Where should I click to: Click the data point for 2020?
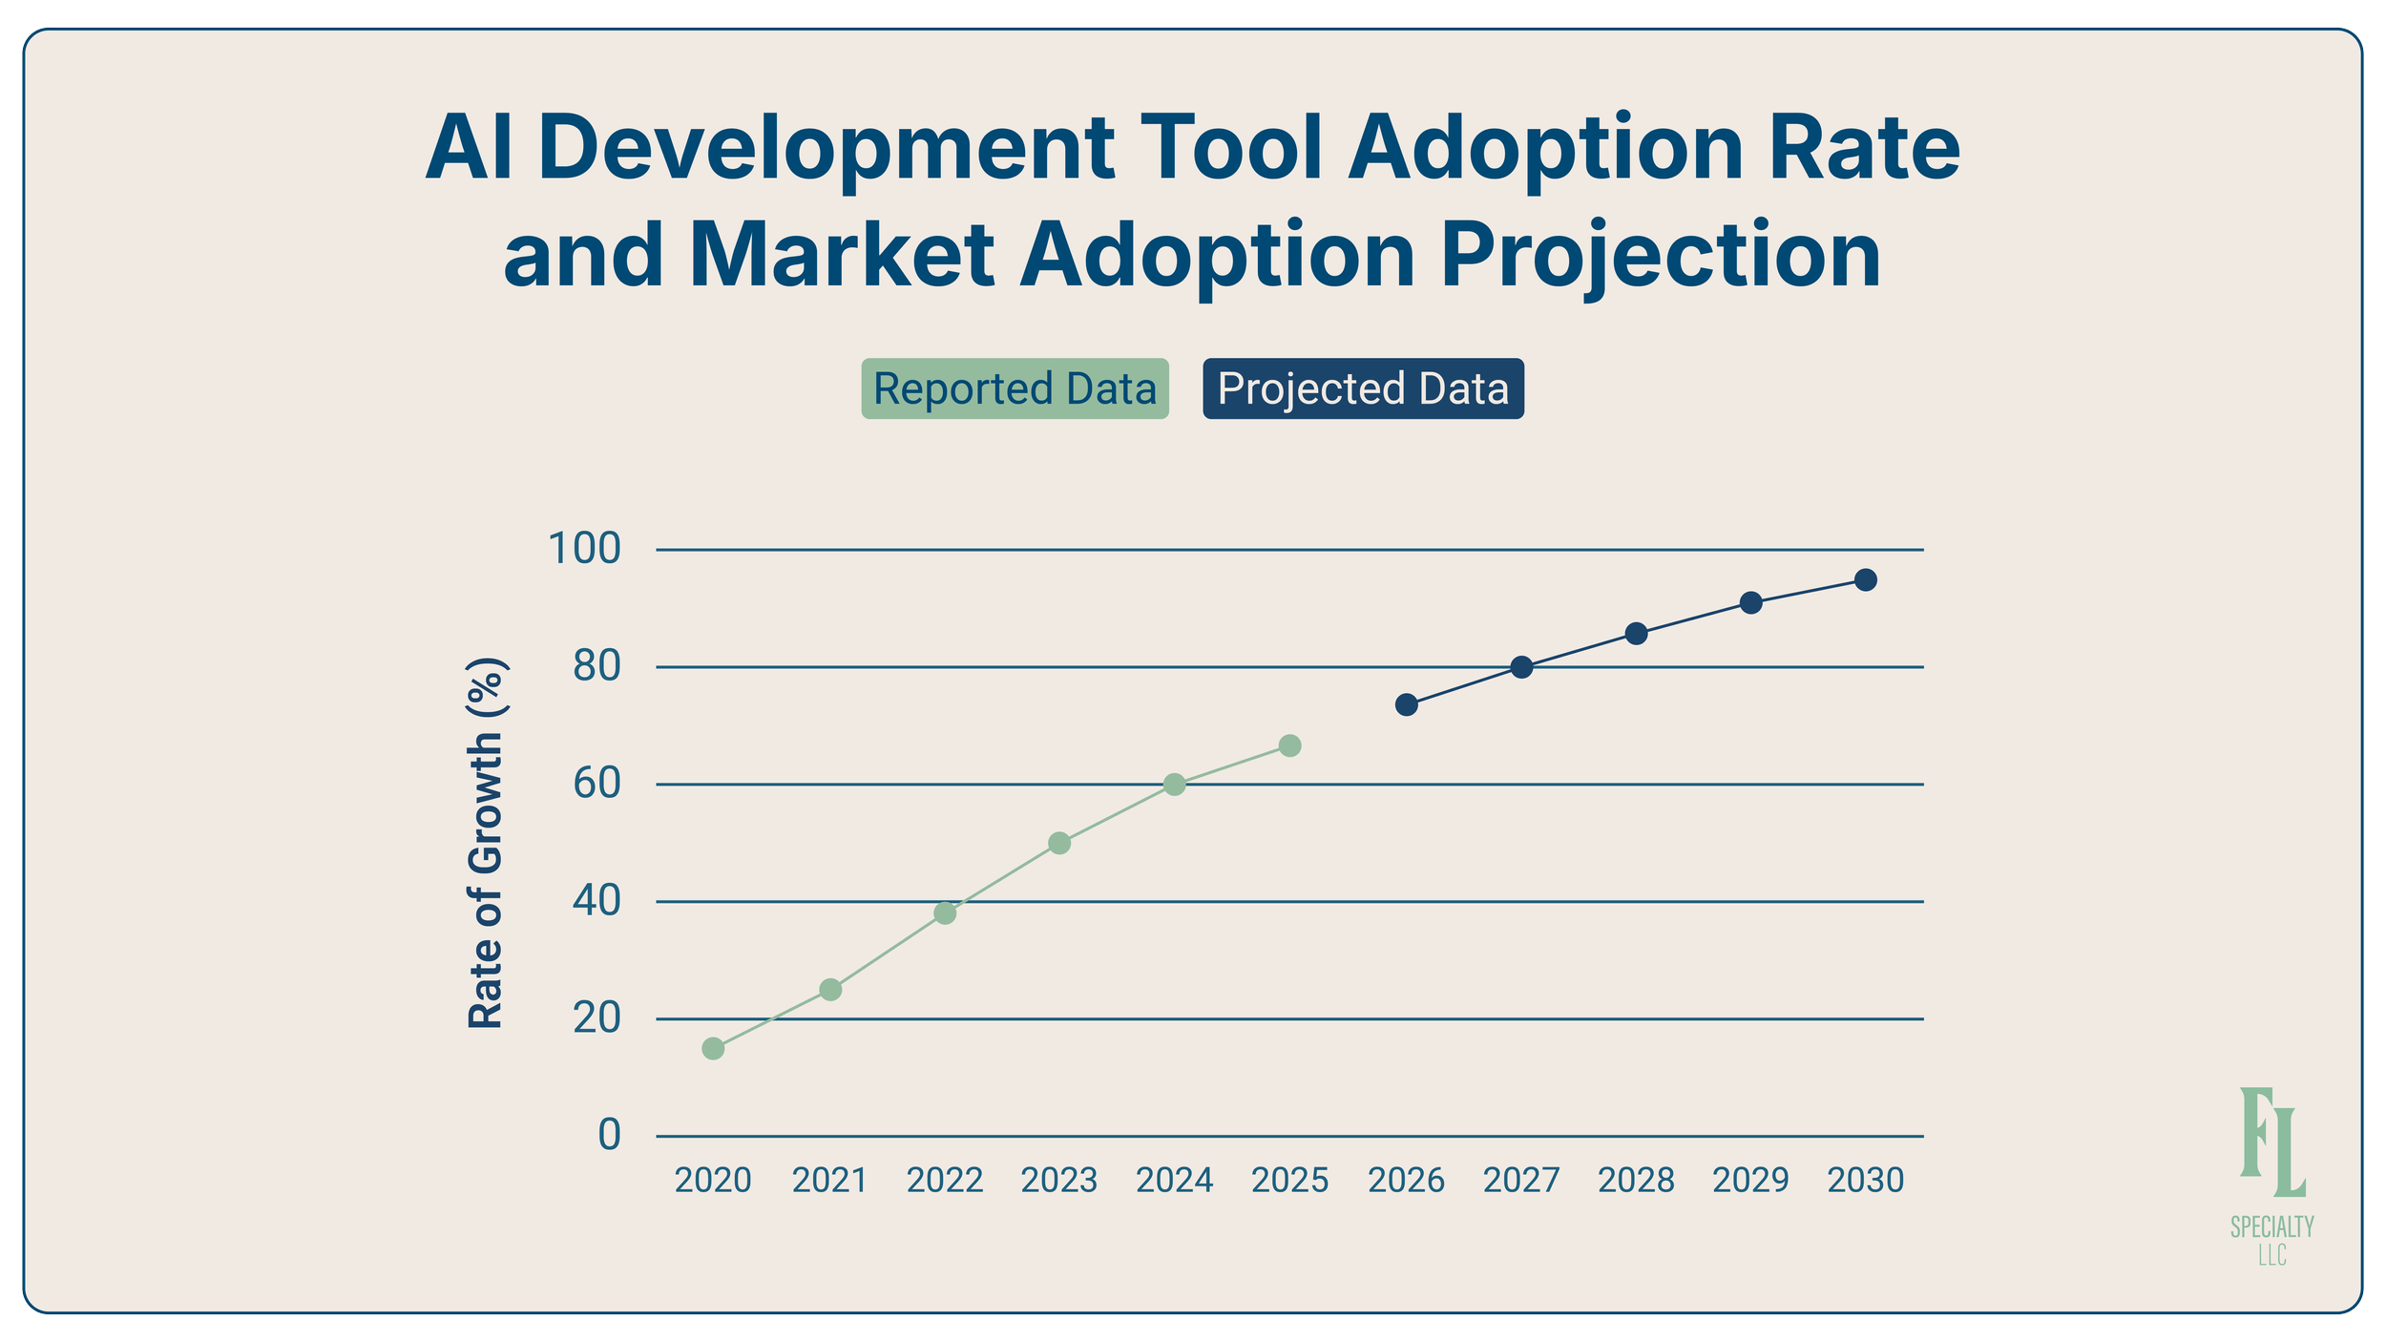point(713,1048)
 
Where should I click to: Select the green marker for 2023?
point(1059,843)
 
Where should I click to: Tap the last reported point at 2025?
point(1289,745)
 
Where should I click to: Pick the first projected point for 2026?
point(1406,704)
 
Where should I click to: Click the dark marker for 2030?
point(1866,579)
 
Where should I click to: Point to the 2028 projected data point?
point(1636,633)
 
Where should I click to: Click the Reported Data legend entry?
point(1015,388)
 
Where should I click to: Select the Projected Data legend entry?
point(1363,388)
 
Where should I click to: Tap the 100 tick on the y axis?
point(584,549)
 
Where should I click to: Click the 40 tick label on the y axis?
point(596,900)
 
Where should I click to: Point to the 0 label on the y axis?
point(609,1135)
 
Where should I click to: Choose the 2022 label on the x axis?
point(945,1181)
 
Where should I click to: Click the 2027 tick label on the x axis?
point(1521,1181)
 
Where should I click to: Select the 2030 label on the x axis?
point(1866,1181)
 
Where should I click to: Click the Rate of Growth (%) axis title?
point(486,843)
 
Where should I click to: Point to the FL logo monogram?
point(2271,1142)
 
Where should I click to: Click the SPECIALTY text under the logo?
point(2271,1227)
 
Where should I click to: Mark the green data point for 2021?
point(830,989)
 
